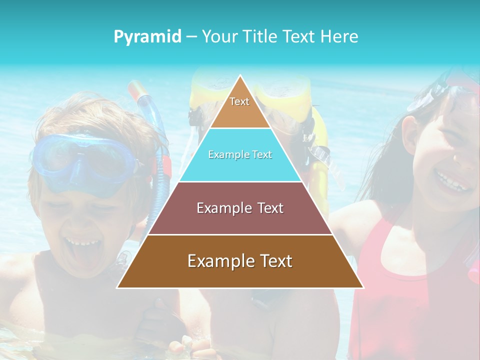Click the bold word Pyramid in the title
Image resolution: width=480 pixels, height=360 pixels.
click(x=147, y=37)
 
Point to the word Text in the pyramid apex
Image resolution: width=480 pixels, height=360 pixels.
click(x=239, y=101)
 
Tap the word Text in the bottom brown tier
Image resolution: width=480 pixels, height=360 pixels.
click(x=272, y=261)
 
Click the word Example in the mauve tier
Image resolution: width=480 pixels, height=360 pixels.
click(x=218, y=208)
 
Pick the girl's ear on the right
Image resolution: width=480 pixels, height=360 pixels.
click(x=409, y=135)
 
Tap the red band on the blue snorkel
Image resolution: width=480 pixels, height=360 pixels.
click(x=165, y=167)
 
